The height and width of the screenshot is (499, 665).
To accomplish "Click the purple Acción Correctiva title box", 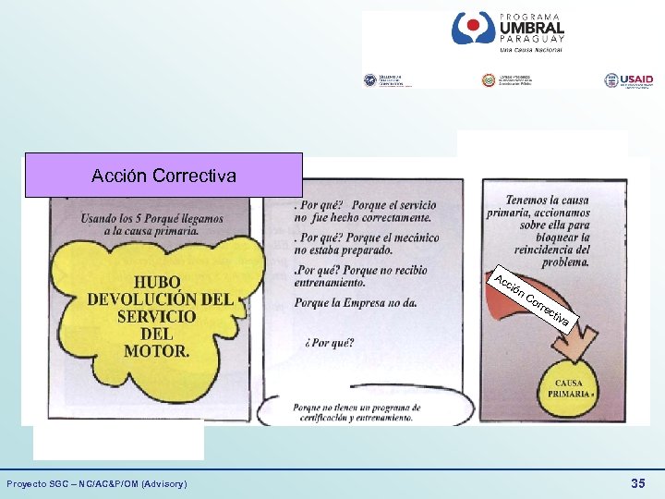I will [x=163, y=176].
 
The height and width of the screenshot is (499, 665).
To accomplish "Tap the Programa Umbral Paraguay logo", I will [x=507, y=32].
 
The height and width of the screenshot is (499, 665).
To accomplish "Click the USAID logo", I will [x=627, y=80].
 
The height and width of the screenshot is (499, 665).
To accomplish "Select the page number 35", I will [x=637, y=483].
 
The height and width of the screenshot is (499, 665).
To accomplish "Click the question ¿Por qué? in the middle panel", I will [x=329, y=343].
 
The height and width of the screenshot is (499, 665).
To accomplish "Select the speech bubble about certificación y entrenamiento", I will [x=361, y=412].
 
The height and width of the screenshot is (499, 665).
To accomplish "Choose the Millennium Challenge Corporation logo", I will [x=388, y=80].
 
